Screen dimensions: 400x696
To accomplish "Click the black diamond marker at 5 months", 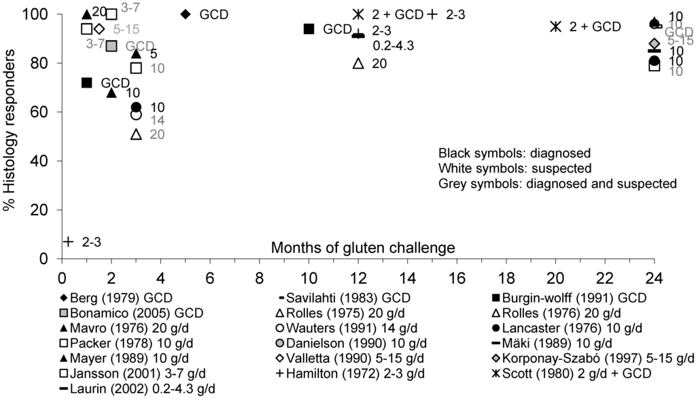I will tap(186, 14).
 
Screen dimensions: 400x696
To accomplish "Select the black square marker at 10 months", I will tap(309, 29).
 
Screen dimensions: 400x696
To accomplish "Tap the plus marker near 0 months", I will tap(68, 241).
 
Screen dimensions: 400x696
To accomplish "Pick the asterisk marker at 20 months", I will tap(556, 26).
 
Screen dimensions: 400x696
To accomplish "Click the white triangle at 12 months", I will tap(358, 63).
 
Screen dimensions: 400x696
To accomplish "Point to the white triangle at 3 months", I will tap(136, 134).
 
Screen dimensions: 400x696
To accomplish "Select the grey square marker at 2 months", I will tap(111, 46).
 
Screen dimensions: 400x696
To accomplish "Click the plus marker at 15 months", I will tap(432, 14).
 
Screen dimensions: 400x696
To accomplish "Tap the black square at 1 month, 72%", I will tap(86, 83).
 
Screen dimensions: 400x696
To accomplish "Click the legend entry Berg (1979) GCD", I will tap(116, 299).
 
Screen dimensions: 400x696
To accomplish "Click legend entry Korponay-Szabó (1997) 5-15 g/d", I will tap(592, 359).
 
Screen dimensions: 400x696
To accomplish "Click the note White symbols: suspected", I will tap(514, 168).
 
